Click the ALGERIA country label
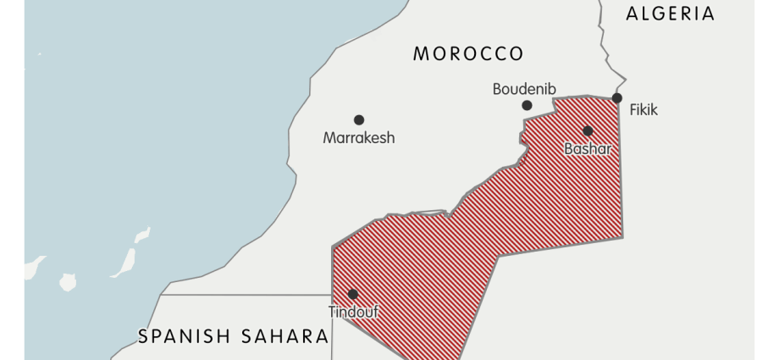(x=670, y=14)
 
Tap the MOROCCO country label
(x=468, y=54)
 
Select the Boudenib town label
(x=525, y=88)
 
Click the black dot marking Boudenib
(x=527, y=105)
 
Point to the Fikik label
(x=643, y=110)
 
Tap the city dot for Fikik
(x=617, y=98)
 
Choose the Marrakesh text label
(x=358, y=137)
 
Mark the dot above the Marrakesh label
(x=359, y=120)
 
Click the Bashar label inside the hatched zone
(x=587, y=149)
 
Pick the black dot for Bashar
(x=588, y=130)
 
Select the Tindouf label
(x=353, y=312)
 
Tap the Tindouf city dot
(x=353, y=294)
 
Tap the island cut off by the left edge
(x=32, y=268)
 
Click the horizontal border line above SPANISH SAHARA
(x=246, y=295)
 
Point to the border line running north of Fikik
(x=605, y=42)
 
